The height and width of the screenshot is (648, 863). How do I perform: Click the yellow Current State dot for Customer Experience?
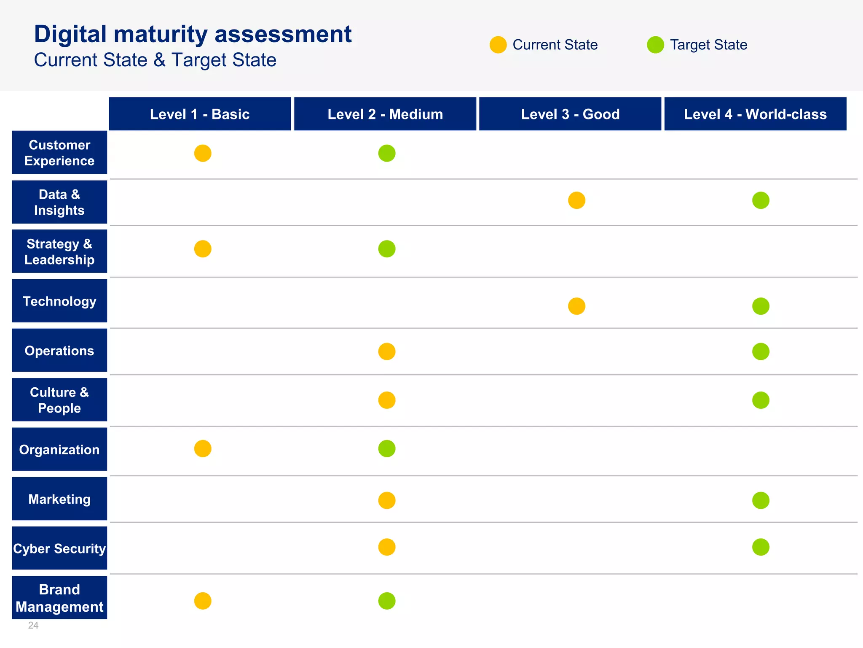203,153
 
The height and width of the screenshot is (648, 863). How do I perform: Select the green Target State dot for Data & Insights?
761,200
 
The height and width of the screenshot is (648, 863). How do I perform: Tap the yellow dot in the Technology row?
576,306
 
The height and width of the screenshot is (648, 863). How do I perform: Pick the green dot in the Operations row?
761,351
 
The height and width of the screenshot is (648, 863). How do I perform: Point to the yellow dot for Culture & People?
387,400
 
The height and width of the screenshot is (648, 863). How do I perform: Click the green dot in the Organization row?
387,449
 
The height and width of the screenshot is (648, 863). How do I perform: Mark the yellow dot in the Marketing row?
387,500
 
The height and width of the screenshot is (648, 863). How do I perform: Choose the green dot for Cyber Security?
761,547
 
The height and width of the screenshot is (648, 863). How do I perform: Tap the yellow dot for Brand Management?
203,601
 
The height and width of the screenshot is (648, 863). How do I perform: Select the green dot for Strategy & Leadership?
387,249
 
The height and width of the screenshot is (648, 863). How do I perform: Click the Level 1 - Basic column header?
200,114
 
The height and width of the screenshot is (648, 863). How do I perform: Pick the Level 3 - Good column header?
570,114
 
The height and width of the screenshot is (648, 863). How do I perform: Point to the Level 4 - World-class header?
755,114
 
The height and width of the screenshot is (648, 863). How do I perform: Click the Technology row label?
59,301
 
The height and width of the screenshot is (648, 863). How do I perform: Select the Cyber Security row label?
59,548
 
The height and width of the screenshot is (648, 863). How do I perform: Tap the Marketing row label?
59,499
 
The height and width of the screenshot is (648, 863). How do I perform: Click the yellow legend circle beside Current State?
498,45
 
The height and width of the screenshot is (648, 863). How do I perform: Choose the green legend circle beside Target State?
655,45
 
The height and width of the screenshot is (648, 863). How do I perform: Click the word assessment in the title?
283,34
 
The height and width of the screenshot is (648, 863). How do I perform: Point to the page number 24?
33,625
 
